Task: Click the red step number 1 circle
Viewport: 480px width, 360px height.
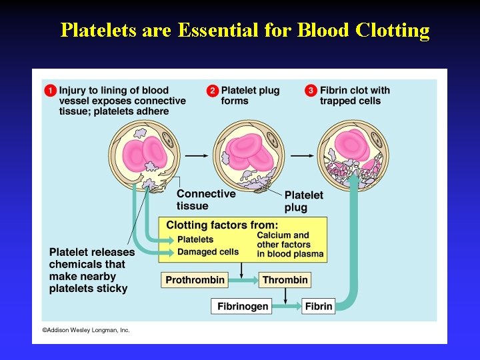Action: click(x=50, y=91)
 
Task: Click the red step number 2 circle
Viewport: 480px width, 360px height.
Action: click(x=212, y=91)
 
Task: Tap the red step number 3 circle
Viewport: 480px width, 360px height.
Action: click(x=311, y=91)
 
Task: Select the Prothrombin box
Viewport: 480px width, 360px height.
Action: click(x=195, y=279)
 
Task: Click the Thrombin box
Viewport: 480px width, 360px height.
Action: click(x=285, y=279)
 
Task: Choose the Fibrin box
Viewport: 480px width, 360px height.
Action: click(x=319, y=306)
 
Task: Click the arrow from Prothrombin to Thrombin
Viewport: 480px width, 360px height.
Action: click(x=243, y=279)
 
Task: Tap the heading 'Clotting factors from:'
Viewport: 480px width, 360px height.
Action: click(x=222, y=225)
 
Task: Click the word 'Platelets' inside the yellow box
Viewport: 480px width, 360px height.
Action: click(x=195, y=239)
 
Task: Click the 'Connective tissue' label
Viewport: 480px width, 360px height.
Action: click(x=205, y=199)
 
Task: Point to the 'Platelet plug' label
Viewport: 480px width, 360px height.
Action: click(x=303, y=201)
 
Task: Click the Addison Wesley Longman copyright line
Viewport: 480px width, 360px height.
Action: click(x=86, y=330)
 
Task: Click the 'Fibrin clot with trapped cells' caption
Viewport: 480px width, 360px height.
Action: click(x=355, y=95)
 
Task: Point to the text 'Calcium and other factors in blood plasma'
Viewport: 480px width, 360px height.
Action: click(x=290, y=244)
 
